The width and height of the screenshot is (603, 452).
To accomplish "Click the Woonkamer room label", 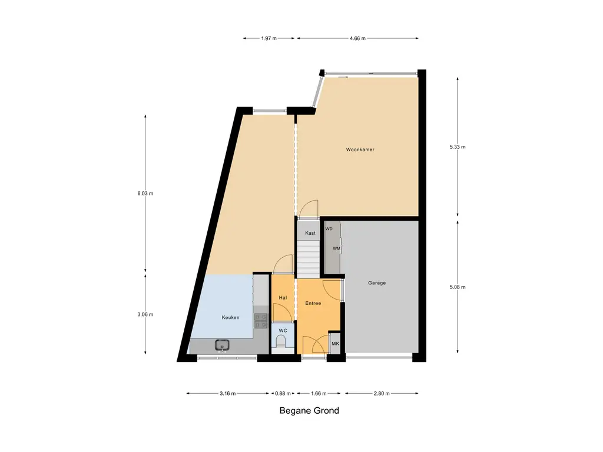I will click(360, 149).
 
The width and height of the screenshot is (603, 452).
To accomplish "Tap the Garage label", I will click(377, 283).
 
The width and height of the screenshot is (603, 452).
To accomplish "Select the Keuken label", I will click(230, 318).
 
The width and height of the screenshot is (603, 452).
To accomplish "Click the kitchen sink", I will click(222, 345).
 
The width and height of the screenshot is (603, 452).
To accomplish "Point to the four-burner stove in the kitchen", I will click(260, 321).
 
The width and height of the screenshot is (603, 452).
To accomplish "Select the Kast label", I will click(310, 233).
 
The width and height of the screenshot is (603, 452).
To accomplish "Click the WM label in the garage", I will click(336, 248).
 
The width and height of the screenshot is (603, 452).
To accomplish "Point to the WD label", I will click(329, 228).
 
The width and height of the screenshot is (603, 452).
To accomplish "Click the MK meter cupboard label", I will click(336, 344).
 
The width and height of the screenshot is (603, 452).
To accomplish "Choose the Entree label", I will click(313, 303).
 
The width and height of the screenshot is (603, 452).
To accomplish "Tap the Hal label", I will click(283, 298).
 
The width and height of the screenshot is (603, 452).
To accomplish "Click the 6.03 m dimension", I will click(145, 193).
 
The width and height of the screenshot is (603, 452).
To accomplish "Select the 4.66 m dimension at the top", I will click(357, 38).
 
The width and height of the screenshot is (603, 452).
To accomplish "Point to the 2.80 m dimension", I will click(381, 393).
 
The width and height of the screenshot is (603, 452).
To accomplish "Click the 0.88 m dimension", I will click(283, 393).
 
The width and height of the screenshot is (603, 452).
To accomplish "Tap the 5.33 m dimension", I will click(458, 147).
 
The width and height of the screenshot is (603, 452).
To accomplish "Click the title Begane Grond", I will click(309, 411).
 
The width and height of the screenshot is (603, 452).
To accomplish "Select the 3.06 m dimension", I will click(145, 314).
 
